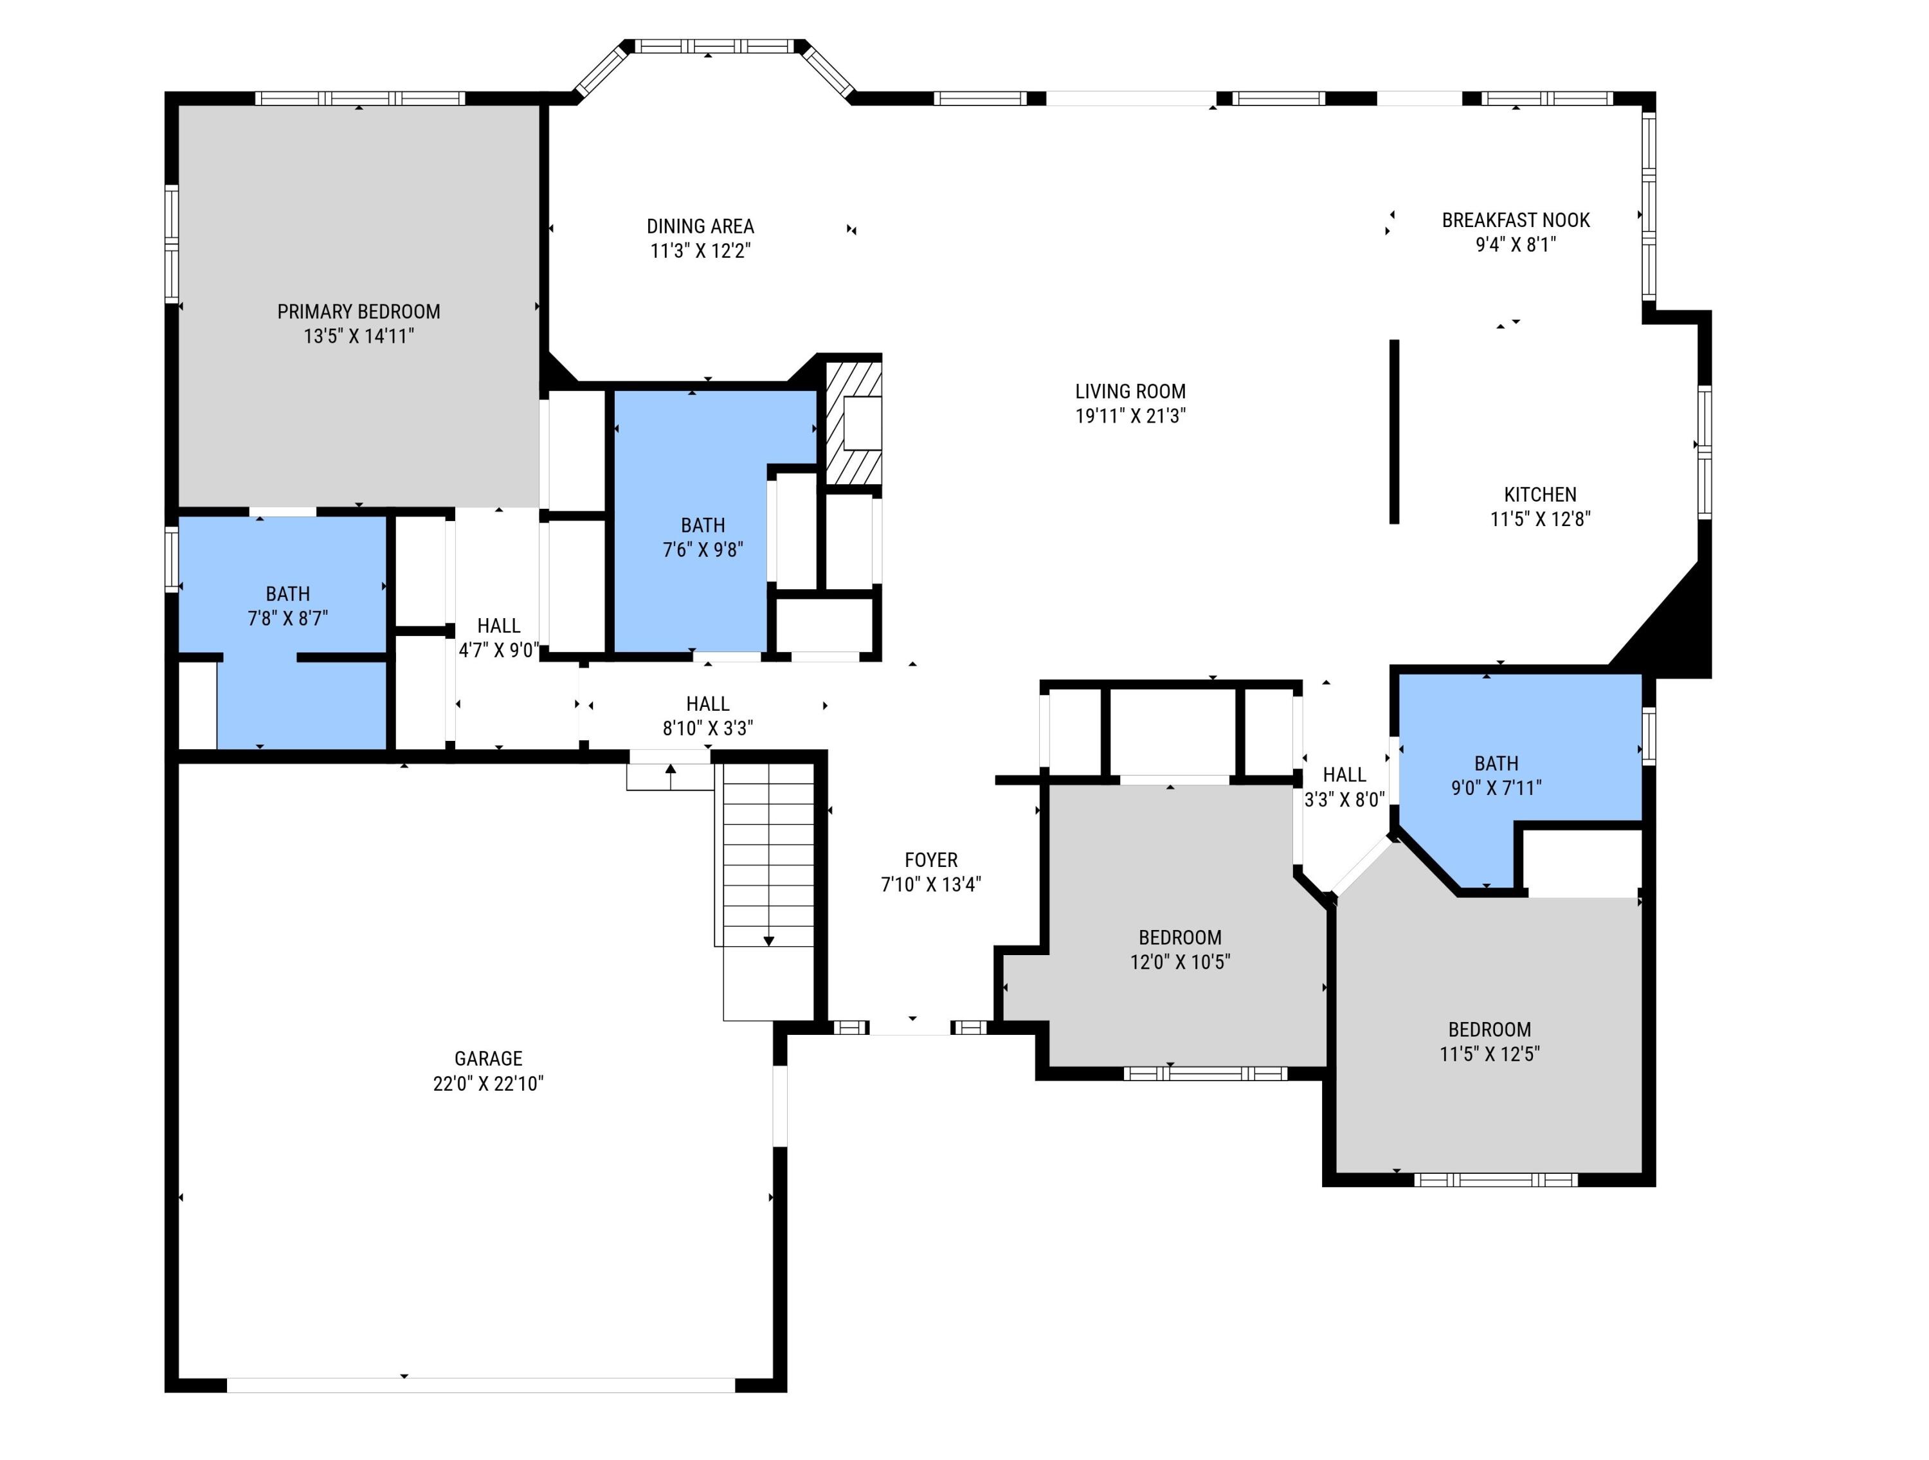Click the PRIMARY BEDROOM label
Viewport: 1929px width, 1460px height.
click(358, 311)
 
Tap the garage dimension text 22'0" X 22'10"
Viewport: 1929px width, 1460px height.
click(487, 1083)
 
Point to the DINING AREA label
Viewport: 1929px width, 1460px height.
click(700, 226)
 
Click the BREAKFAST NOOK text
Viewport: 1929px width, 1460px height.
click(1516, 220)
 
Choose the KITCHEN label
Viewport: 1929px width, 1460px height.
click(1540, 495)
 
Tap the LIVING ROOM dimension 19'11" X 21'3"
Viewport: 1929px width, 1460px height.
click(1130, 416)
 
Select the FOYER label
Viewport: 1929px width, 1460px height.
click(930, 860)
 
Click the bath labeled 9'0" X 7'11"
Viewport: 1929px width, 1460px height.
click(1496, 776)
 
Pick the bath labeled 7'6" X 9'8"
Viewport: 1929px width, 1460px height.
click(702, 537)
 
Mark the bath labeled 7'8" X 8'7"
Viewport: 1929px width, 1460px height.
click(288, 605)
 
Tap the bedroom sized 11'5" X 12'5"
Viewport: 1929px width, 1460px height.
click(1489, 1041)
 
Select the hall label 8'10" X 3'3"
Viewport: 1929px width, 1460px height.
click(707, 727)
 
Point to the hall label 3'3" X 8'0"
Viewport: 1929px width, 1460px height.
click(1344, 799)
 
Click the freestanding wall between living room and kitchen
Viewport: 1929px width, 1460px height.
click(1393, 432)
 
